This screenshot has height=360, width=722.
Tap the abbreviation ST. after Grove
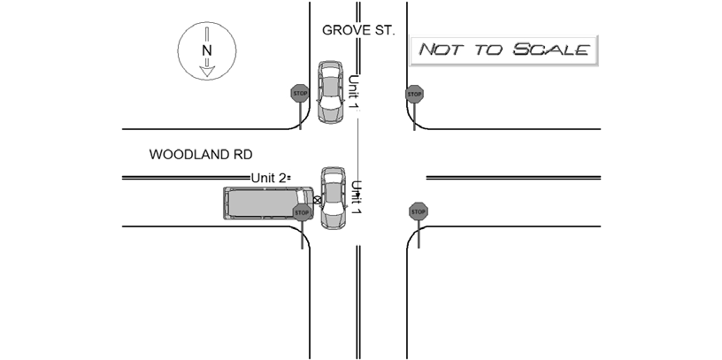click(x=385, y=30)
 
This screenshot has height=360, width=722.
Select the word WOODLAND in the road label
click(x=190, y=155)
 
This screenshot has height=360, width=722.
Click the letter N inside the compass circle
click(x=207, y=50)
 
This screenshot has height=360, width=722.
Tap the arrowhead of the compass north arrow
click(x=207, y=72)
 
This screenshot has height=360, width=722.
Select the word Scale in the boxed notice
click(x=551, y=49)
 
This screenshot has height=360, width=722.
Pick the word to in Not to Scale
click(x=489, y=50)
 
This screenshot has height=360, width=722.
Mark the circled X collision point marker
click(x=318, y=200)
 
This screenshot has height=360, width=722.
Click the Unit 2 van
click(x=268, y=203)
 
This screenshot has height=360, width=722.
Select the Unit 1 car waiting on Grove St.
click(x=331, y=92)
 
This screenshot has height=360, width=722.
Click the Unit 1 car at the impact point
click(x=333, y=198)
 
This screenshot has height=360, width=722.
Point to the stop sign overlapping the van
click(x=302, y=212)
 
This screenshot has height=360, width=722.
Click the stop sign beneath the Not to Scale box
click(x=414, y=95)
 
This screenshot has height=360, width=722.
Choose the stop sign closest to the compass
click(x=300, y=94)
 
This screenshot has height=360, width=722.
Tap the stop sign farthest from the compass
click(x=419, y=211)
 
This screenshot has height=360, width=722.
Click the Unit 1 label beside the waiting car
click(x=353, y=92)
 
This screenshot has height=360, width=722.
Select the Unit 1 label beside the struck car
click(x=356, y=197)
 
